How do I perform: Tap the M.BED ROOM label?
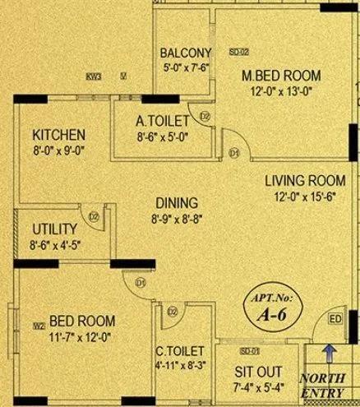(x=281, y=76)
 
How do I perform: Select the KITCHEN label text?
(x=58, y=135)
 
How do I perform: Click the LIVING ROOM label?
(x=305, y=181)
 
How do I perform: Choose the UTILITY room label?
(x=54, y=229)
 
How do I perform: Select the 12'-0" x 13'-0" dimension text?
(x=281, y=92)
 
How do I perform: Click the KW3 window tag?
(x=93, y=76)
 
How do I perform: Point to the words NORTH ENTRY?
(x=329, y=386)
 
